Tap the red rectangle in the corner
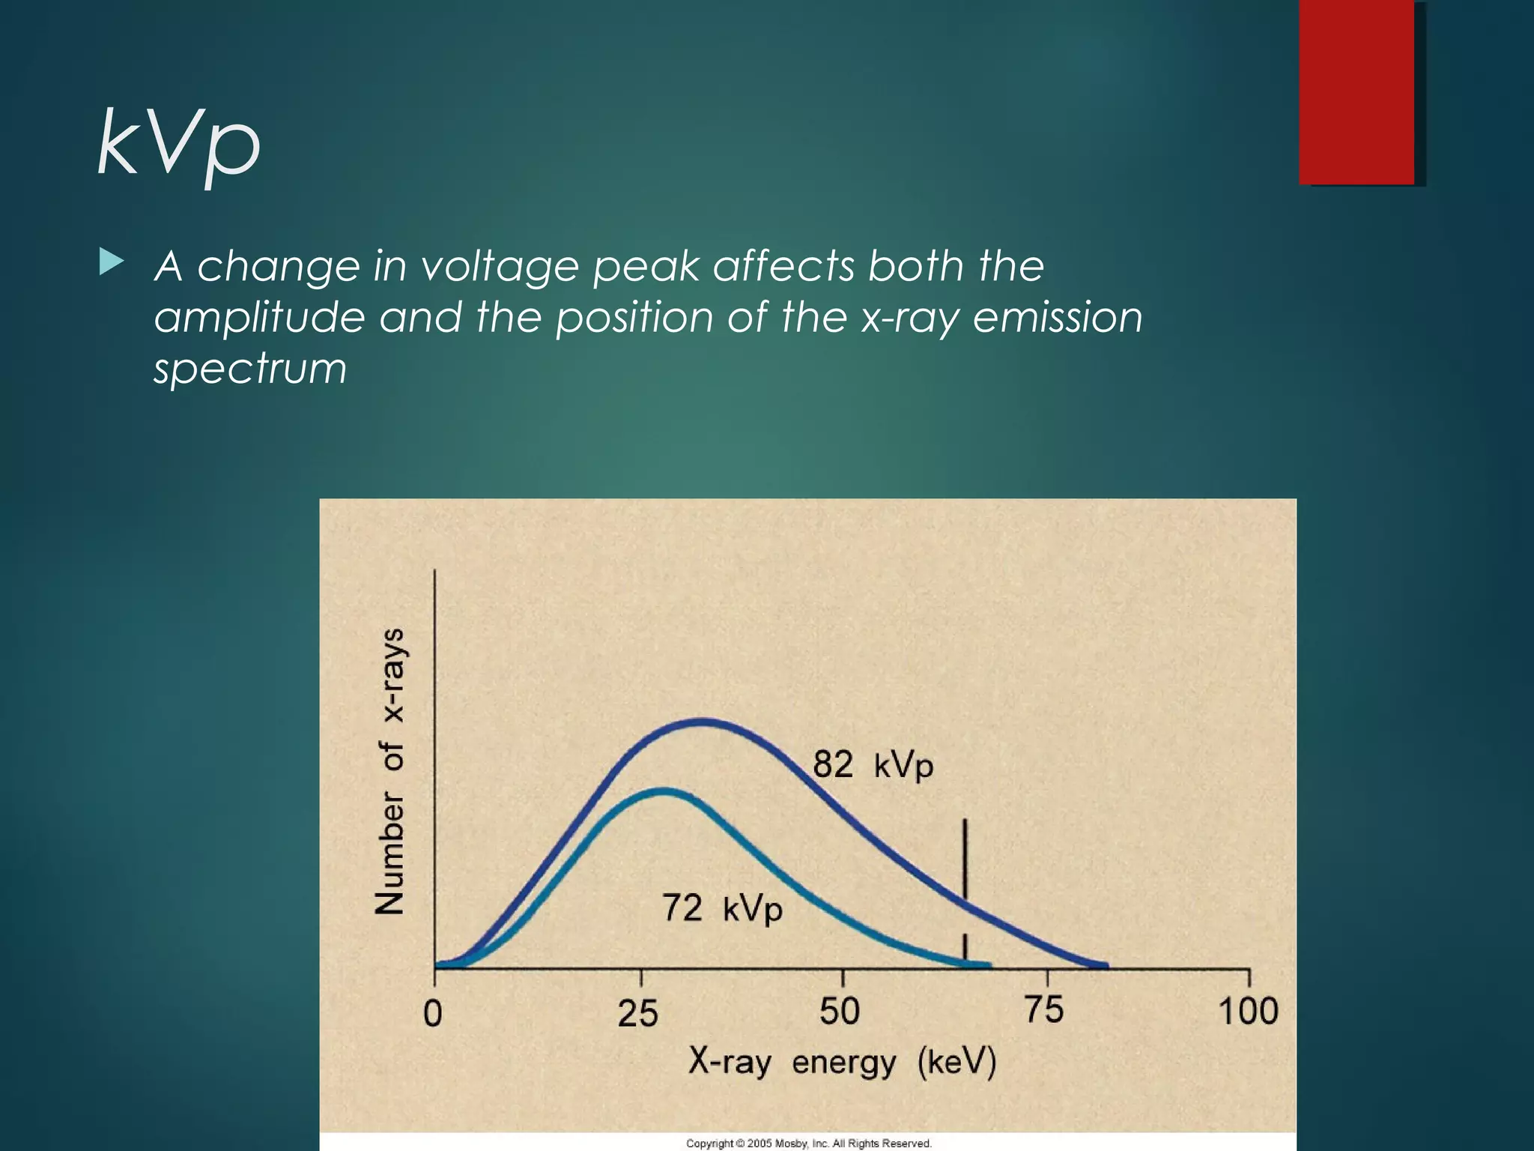click(1356, 92)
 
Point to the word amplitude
click(259, 318)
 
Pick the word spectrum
click(250, 369)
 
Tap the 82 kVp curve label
click(873, 765)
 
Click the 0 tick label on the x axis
click(433, 1014)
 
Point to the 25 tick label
click(638, 1014)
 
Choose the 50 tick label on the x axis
click(840, 1012)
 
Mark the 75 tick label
click(1044, 1009)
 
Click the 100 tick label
click(1249, 1011)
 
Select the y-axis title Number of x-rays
click(389, 772)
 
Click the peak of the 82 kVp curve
click(702, 722)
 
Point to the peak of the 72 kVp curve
click(664, 791)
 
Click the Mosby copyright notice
click(809, 1144)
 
